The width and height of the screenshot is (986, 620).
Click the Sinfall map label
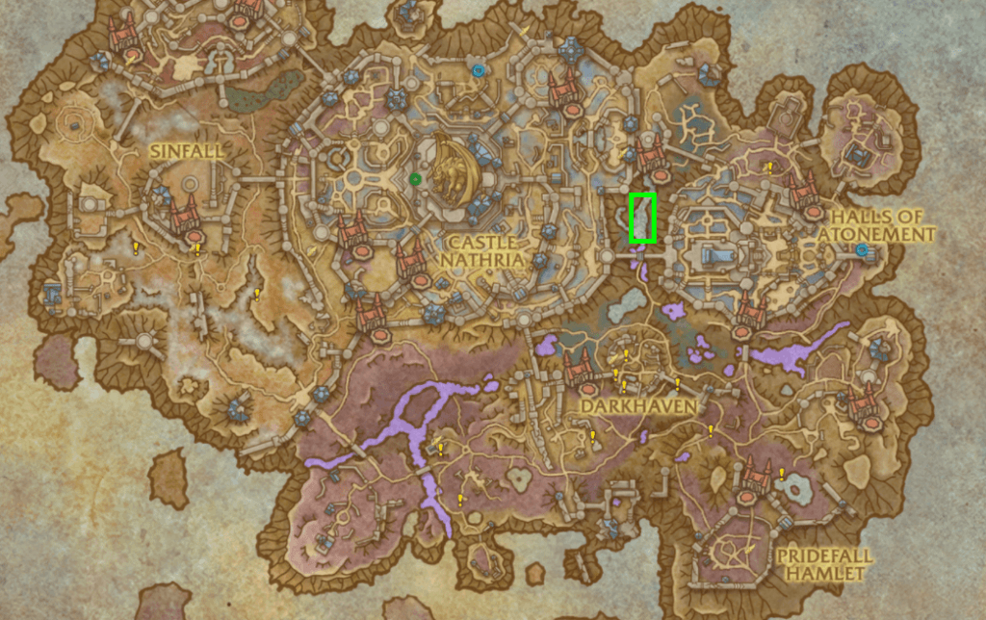186,152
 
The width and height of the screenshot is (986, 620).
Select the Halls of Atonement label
881,225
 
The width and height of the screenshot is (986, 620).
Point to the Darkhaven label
625,408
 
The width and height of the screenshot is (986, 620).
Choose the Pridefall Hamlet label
824,564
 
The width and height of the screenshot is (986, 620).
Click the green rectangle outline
642,218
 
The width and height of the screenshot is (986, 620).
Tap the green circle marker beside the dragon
415,178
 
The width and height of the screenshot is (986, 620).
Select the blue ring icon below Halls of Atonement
862,250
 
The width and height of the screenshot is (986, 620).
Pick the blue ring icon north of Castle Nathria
479,69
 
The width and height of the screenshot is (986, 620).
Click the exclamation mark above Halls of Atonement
769,167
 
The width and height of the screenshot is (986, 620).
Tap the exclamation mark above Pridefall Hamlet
781,474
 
